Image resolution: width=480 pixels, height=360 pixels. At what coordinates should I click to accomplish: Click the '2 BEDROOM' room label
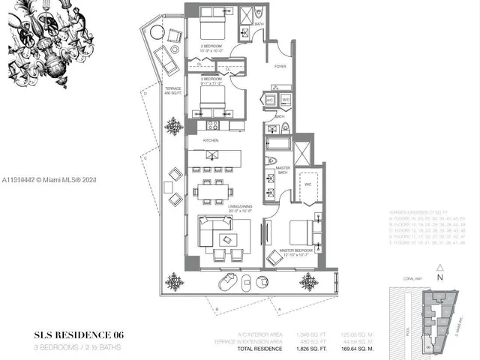pos(211,48)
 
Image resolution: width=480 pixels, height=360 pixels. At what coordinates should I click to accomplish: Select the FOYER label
pos(280,67)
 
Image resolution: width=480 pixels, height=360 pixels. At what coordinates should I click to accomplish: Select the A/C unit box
pos(269,100)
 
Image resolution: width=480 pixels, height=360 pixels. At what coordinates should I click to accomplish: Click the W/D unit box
pos(286,100)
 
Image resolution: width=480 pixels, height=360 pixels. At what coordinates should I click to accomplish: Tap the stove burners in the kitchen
pos(212,125)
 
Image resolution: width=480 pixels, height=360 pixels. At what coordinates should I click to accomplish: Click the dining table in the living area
pos(209,192)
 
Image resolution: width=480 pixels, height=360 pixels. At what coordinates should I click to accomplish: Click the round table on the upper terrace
pos(157,33)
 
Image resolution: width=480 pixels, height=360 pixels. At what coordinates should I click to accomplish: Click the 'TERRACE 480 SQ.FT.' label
pos(173,91)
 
